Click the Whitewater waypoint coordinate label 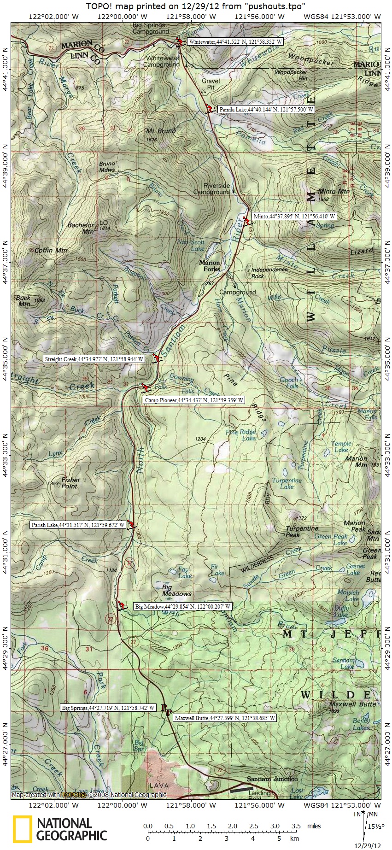[x=235, y=41]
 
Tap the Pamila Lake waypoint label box [x=266, y=110]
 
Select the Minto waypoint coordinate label [x=294, y=216]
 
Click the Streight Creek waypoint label [x=94, y=359]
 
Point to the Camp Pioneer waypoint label [x=193, y=400]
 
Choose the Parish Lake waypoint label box [x=78, y=525]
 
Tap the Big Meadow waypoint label [x=182, y=607]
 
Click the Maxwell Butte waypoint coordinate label [x=225, y=718]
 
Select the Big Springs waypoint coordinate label [x=108, y=708]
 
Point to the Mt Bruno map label [x=161, y=131]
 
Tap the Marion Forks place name [x=210, y=266]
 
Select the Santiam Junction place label [x=272, y=779]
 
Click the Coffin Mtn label [x=51, y=251]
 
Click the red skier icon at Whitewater [x=178, y=42]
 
